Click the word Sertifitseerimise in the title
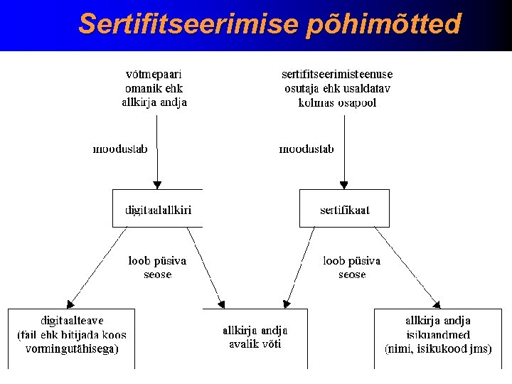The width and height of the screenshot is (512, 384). coord(188,23)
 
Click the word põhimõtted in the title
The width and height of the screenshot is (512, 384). coord(384,25)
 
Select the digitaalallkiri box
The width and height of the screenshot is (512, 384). coord(158,209)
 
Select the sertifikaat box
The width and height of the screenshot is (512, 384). coord(344,209)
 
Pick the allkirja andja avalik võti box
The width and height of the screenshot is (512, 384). coord(255,337)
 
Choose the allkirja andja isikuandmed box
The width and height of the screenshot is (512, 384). coord(437,335)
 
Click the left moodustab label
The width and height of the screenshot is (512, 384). coord(120,149)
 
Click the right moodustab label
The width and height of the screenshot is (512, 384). coord(306,149)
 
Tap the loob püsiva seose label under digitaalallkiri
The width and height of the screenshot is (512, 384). coord(157,267)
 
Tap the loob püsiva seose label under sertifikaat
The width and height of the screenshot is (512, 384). coord(352,267)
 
